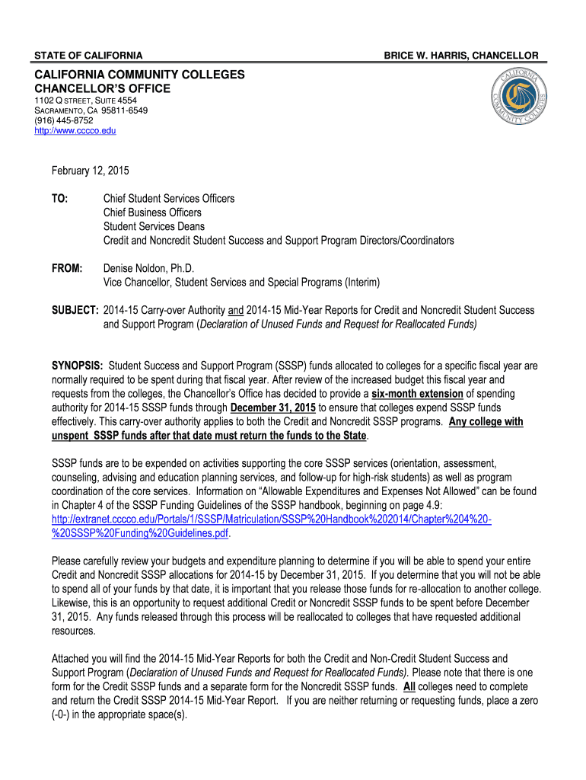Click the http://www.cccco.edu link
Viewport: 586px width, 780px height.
[x=74, y=130]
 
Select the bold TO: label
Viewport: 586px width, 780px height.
[x=59, y=198]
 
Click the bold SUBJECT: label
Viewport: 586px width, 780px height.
[x=74, y=310]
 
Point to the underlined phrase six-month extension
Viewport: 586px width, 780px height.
[x=417, y=393]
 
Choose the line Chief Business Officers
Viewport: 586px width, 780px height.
[x=153, y=213]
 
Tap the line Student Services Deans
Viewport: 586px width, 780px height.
[x=154, y=226]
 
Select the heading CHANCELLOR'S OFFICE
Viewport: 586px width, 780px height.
[x=100, y=89]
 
